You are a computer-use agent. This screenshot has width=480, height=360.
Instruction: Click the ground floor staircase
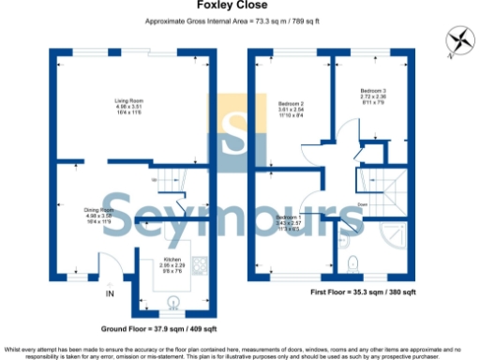coord(170,183)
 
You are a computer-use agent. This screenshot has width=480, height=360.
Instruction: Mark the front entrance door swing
coord(109,266)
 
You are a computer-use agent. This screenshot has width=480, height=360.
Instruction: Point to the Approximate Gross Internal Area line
coord(240,20)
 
